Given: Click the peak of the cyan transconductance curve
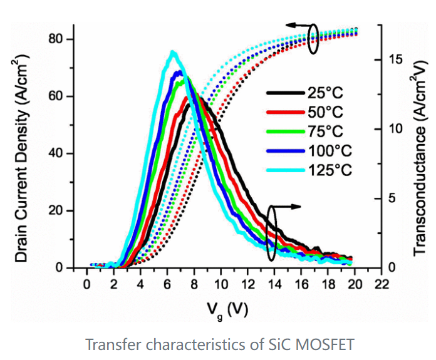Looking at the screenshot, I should tap(173, 52).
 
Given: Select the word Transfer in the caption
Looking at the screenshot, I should tap(109, 345).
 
